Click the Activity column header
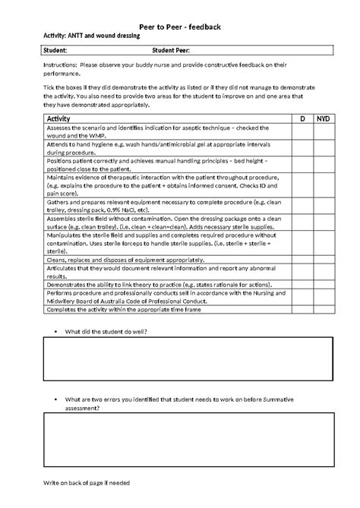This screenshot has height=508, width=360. tap(58, 119)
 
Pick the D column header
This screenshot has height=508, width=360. tap(302, 119)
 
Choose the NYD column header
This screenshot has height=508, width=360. tap(323, 119)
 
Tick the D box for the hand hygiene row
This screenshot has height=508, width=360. tap(302, 149)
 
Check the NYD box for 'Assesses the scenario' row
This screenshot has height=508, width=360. tap(323, 132)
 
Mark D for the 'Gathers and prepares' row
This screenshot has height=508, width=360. tap(302, 200)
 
